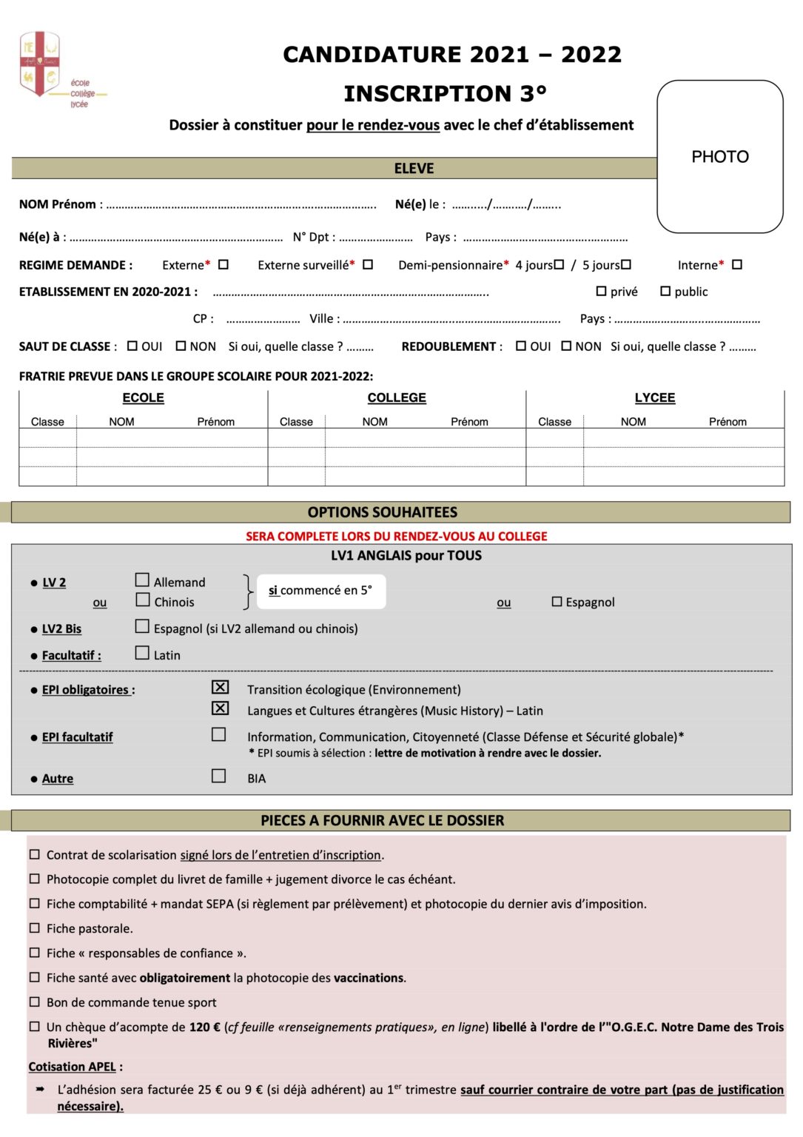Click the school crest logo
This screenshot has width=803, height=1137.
[40, 64]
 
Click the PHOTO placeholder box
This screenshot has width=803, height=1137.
[719, 157]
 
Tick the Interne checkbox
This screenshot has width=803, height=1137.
[737, 264]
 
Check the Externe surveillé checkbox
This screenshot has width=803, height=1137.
[368, 264]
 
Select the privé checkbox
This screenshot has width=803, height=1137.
[601, 292]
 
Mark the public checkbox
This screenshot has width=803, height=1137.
[665, 292]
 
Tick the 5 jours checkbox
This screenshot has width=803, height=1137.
[626, 264]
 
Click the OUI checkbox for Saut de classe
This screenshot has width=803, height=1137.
[132, 346]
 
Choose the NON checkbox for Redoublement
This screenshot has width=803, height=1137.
[566, 346]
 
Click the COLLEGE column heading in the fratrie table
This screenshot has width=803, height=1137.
[397, 398]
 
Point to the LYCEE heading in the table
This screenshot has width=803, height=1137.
[655, 398]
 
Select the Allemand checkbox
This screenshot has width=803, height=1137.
[143, 580]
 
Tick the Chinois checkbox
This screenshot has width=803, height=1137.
[143, 600]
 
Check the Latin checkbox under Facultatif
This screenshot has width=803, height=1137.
[143, 653]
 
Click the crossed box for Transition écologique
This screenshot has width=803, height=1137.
[220, 688]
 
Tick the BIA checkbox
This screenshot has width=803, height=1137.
[219, 776]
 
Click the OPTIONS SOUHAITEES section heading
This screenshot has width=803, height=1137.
[383, 512]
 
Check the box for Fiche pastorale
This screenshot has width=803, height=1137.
[34, 928]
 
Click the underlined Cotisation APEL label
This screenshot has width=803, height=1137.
[73, 1067]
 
